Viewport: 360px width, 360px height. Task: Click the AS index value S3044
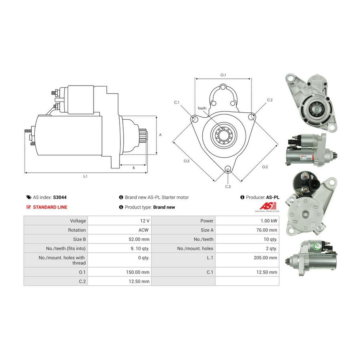60,197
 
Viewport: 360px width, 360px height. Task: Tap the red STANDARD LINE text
50,207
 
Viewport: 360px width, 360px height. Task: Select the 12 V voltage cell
145,221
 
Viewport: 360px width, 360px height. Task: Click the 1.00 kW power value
269,221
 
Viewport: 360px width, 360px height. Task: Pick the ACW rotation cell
144,230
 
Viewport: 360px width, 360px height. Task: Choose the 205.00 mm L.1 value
266,258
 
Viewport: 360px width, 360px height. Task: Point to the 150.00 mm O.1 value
138,272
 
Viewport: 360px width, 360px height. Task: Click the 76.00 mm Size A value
267,230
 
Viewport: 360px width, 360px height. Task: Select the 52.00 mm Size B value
139,239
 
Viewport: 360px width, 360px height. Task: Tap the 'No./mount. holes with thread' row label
62,260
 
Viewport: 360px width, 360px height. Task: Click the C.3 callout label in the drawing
228,187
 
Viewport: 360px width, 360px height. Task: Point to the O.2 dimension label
265,167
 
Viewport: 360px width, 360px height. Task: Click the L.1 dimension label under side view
85,176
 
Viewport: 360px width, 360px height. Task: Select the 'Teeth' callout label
202,108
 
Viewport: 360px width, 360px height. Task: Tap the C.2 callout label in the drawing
270,100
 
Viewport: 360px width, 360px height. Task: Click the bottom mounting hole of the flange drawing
228,169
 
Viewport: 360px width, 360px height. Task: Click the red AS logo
268,206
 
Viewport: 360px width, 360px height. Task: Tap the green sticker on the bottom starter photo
317,246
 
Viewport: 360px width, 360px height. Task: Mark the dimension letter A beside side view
160,135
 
